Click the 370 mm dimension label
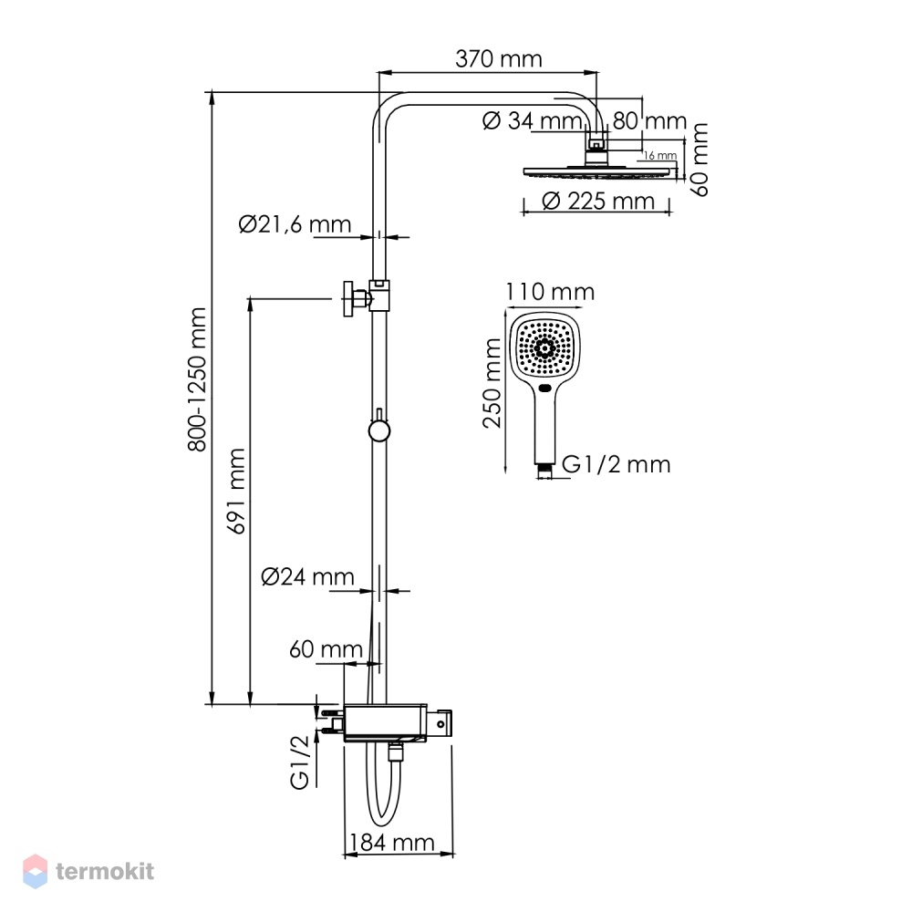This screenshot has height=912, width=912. coord(499,58)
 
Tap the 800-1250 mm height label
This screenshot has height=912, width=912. coord(197,379)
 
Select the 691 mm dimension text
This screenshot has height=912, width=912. coord(237,491)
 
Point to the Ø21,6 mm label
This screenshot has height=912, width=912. coord(295,224)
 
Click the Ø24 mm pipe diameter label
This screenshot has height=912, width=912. coord(307,576)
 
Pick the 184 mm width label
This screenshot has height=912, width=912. coord(391,842)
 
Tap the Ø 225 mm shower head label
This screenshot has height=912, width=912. coord(598,202)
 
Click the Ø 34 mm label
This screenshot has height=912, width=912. coord(533,121)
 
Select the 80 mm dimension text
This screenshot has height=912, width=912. coord(649,121)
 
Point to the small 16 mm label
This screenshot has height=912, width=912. coord(660,155)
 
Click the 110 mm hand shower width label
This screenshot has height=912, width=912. coord(550,292)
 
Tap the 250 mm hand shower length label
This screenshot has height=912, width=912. coord(492,383)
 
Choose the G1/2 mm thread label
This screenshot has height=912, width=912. coord(616,464)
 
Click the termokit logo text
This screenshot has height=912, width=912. coord(105,871)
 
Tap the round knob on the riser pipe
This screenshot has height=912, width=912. coord(379,431)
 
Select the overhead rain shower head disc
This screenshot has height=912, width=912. coord(600,172)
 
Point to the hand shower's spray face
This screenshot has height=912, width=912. coord(545,348)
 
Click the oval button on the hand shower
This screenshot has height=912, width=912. coord(545,388)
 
